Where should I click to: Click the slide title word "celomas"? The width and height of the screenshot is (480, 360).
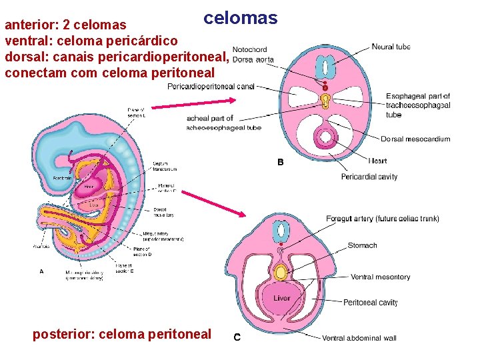tap(240, 18)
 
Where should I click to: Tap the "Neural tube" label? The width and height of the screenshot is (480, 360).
tap(391, 47)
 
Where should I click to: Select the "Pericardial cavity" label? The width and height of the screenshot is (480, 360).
tap(369, 177)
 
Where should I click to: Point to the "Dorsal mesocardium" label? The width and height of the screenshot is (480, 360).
tap(415, 139)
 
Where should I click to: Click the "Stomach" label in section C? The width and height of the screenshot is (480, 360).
tap(362, 245)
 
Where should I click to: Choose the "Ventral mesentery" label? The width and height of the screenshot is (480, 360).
tap(380, 277)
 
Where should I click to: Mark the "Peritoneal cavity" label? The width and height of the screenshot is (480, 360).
tap(370, 303)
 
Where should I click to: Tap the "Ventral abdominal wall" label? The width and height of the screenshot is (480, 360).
tap(359, 338)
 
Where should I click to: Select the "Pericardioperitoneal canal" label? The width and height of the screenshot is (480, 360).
tap(211, 86)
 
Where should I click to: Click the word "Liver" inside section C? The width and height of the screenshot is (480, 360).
tap(281, 298)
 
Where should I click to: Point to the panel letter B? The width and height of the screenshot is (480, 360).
tap(281, 162)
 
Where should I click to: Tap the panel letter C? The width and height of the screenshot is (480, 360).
tap(237, 337)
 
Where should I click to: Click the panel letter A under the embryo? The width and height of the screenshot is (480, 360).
tap(43, 271)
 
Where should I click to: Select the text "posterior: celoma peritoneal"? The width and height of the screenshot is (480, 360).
tap(121, 334)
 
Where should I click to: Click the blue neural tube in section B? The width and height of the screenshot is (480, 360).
tap(325, 67)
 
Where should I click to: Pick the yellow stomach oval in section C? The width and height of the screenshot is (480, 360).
tap(282, 272)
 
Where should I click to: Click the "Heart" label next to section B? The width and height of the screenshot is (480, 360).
tap(377, 161)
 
